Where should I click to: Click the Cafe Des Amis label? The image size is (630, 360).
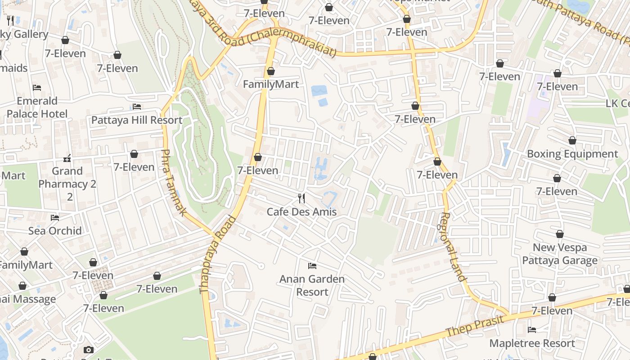pos(301,211)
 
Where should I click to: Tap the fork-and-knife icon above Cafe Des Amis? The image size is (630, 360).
pos(301,198)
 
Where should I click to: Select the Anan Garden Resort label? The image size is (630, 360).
pos(312,285)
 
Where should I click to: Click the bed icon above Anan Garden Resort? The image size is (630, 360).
pos(312,266)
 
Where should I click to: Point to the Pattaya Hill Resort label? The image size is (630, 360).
pos(137,120)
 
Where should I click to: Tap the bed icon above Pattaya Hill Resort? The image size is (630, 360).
pos(137,107)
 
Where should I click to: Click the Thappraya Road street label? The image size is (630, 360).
pos(218,255)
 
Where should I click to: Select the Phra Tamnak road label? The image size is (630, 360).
pos(173,183)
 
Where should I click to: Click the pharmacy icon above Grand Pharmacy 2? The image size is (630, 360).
pos(67,158)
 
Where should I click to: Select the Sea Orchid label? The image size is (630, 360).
pos(55,231)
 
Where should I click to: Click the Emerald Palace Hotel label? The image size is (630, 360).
pos(37,107)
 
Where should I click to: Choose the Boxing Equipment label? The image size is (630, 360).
pos(572,154)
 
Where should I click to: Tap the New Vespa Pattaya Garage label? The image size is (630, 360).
pos(560,254)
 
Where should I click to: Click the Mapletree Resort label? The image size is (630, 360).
pos(532,343)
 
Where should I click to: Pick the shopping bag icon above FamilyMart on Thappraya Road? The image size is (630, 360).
pos(271,71)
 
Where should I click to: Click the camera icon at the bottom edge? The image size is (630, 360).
pos(89,350)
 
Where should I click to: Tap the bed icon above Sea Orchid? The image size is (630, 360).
pos(55,218)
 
